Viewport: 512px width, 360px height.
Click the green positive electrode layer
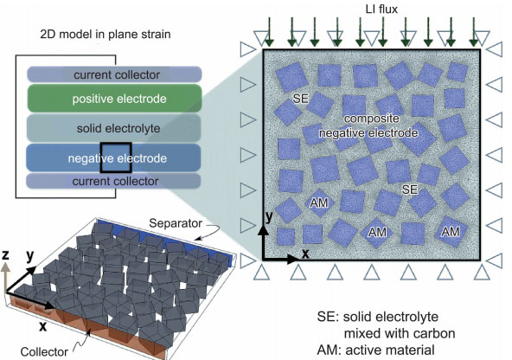114,99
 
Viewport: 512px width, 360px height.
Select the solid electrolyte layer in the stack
114,128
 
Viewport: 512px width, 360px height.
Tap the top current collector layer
114,74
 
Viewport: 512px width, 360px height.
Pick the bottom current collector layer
113,181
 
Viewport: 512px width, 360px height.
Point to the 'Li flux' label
381,10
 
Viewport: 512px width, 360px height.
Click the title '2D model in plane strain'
106,34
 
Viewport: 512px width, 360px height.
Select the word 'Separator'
176,223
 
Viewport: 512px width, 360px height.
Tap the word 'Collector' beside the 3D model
44,352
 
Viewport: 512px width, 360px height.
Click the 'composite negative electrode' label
368,125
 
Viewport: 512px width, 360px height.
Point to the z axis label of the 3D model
5,254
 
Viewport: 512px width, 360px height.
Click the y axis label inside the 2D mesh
269,216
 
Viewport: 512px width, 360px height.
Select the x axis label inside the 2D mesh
305,254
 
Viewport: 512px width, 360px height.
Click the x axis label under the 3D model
42,326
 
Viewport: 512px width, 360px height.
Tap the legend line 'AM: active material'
375,350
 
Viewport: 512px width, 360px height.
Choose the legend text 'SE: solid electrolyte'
377,317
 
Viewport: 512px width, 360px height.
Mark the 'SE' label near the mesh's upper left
301,99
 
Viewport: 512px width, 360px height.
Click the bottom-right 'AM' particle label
451,232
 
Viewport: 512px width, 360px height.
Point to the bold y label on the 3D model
30,256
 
